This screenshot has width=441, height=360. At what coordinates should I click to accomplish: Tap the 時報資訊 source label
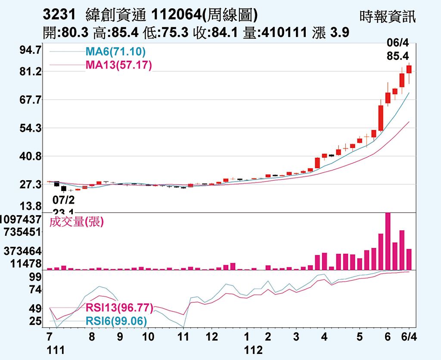(x=388, y=17)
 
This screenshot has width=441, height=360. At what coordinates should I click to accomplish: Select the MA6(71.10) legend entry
(x=115, y=52)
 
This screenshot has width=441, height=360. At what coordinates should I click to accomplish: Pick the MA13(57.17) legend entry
(x=118, y=66)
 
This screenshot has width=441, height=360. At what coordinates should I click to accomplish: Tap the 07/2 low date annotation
(x=63, y=200)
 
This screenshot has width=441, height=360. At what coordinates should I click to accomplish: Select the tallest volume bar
(x=388, y=241)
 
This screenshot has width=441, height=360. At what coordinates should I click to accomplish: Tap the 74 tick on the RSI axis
(x=35, y=290)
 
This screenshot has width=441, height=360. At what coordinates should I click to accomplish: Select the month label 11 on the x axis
(x=184, y=336)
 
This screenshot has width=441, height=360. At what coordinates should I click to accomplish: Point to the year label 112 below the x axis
(x=253, y=350)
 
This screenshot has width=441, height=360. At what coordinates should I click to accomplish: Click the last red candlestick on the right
(x=409, y=69)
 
